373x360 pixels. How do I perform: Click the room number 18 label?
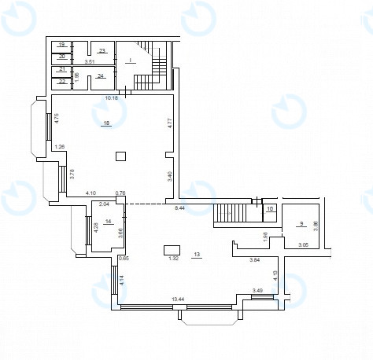click(x=106, y=123)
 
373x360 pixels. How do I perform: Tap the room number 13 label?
click(x=197, y=254)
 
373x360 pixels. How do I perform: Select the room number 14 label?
click(x=109, y=222)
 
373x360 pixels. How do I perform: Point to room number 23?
click(x=102, y=51)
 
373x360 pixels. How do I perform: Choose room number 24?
click(x=102, y=76)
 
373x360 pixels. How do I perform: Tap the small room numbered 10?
click(x=270, y=209)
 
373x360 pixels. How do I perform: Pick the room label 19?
click(x=61, y=45)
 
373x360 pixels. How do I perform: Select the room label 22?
click(x=61, y=81)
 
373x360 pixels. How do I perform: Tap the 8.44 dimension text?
click(x=179, y=208)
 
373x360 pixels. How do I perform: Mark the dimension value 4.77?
click(x=168, y=123)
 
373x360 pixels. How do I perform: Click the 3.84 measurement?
click(x=254, y=259)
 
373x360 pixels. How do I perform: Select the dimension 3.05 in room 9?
click(x=302, y=245)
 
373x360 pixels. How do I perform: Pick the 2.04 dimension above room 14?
click(x=104, y=204)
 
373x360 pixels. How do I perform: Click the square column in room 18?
click(x=120, y=156)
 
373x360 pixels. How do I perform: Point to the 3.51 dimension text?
click(x=89, y=61)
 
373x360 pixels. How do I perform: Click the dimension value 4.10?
click(x=90, y=193)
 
